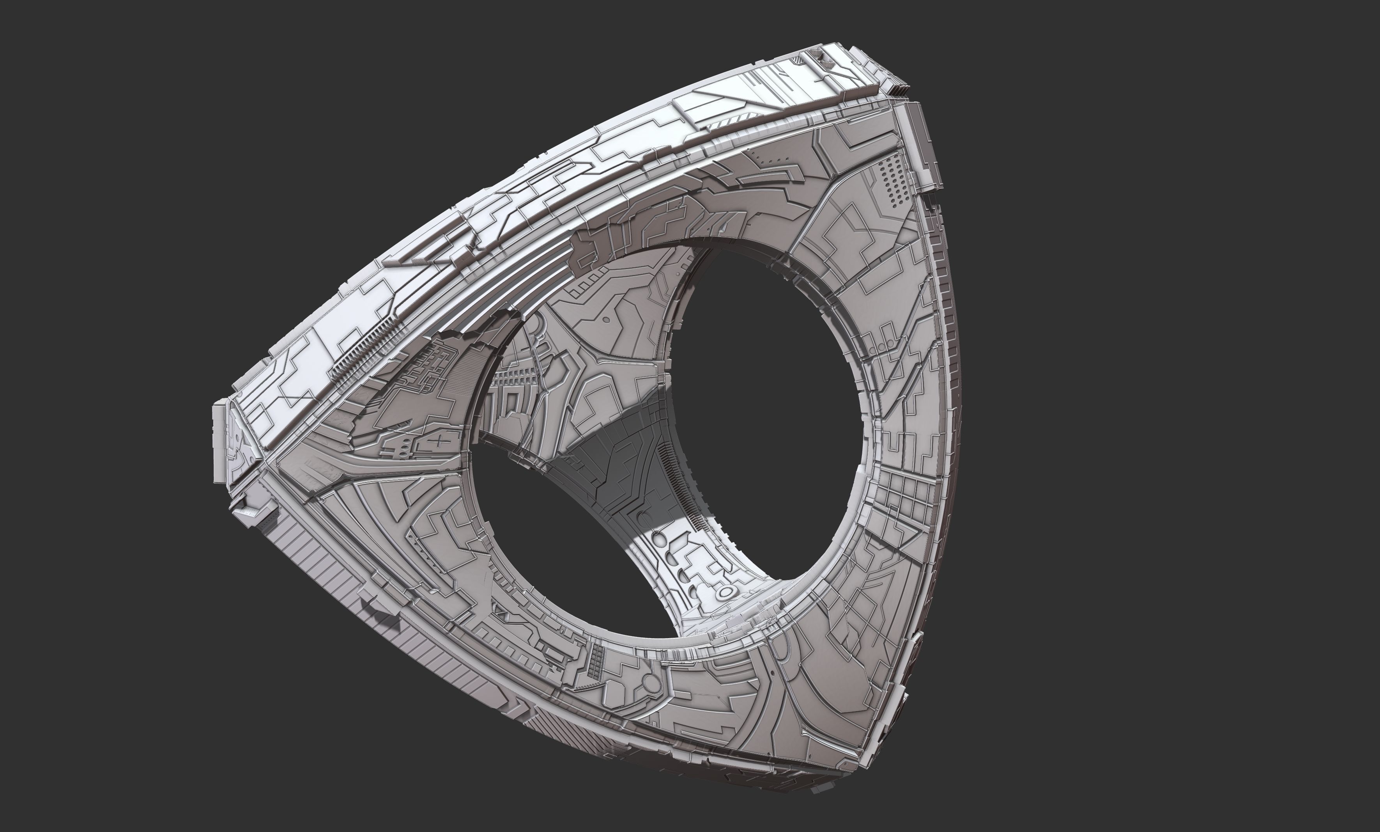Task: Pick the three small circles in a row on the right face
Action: point(886,343)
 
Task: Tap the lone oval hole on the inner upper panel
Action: point(606,319)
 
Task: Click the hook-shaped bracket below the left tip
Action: point(255,513)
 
